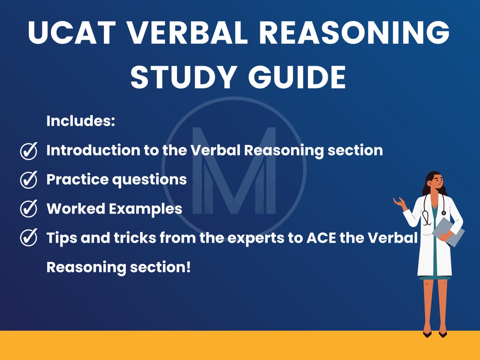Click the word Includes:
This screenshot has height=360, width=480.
[81, 121]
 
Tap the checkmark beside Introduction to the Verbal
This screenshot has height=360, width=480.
[29, 151]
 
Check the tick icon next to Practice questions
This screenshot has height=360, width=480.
[29, 180]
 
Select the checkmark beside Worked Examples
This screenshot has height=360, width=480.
[29, 209]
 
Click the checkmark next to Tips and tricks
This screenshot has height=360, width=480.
[29, 238]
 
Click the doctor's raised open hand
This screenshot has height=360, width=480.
[400, 203]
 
